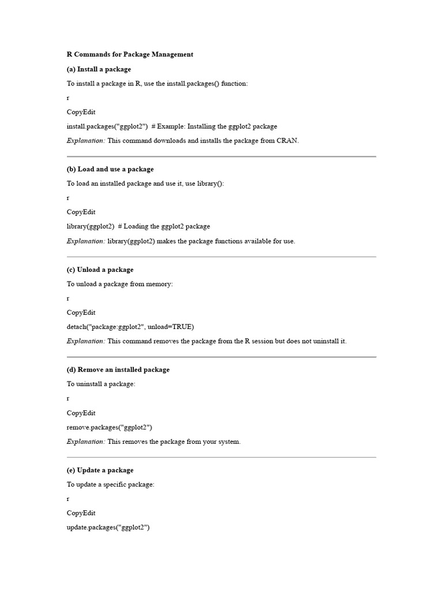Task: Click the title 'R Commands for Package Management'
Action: [x=130, y=55]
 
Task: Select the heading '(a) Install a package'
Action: [x=99, y=69]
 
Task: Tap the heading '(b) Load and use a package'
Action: [x=110, y=169]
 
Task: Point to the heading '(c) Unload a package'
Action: [x=100, y=270]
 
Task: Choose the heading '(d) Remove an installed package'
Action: [x=118, y=369]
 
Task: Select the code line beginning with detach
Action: [x=130, y=327]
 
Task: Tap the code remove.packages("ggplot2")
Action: [x=110, y=427]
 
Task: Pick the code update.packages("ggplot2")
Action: [x=108, y=528]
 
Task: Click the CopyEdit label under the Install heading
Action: [x=81, y=112]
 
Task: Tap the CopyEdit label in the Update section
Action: [x=81, y=513]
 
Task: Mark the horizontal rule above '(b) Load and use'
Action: [x=221, y=156]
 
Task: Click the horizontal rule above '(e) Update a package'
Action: [x=221, y=457]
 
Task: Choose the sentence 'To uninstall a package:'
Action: [x=101, y=384]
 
